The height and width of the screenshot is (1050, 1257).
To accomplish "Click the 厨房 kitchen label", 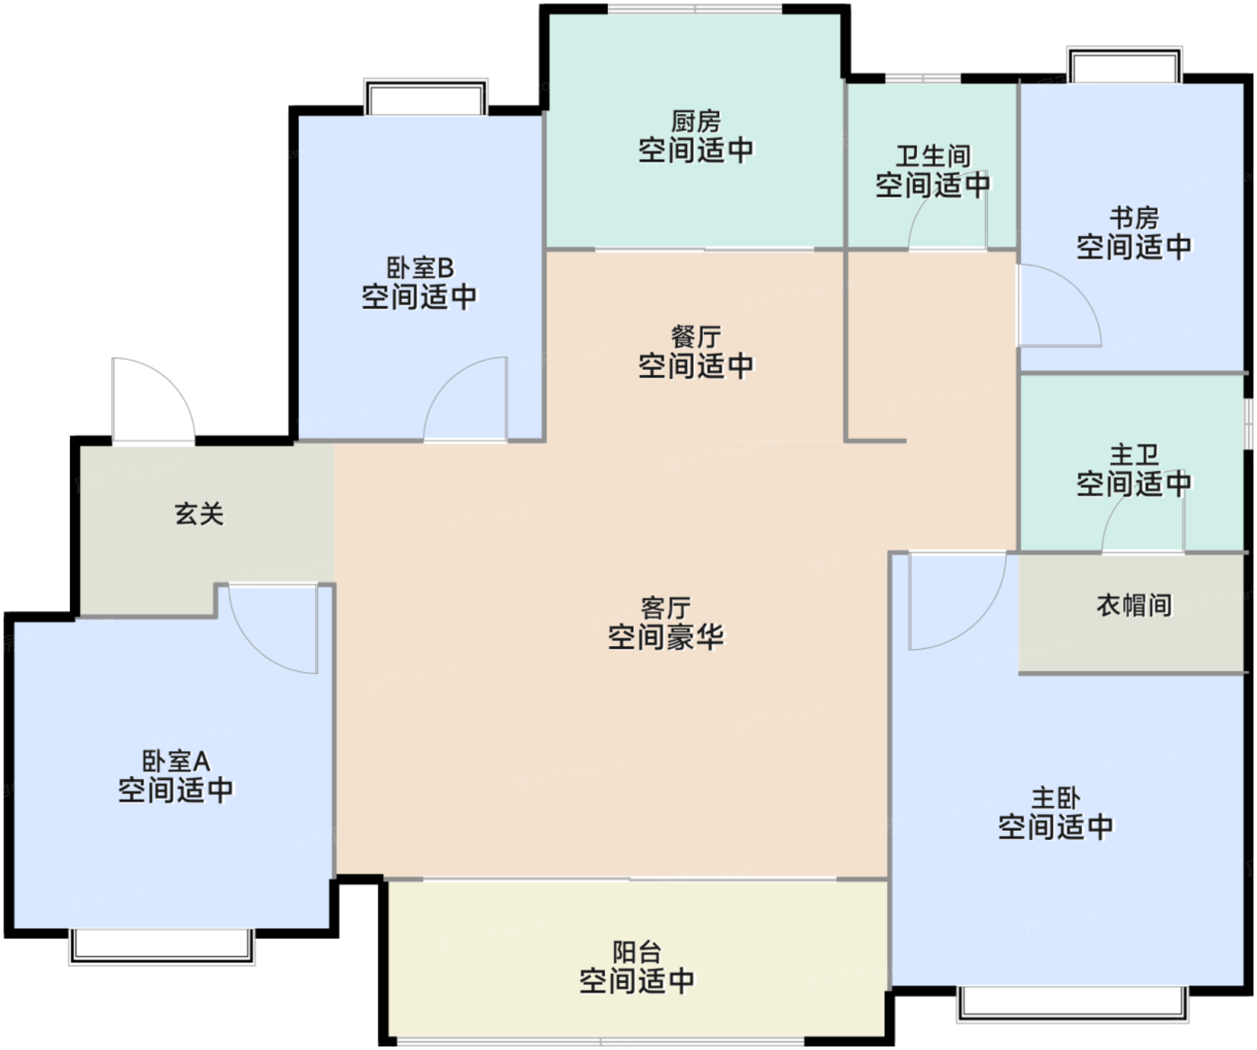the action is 696,121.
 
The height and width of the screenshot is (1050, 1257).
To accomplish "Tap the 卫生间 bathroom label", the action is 933,156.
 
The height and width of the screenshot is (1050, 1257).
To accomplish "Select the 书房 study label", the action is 1134,218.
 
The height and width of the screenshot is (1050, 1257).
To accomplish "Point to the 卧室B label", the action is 419,267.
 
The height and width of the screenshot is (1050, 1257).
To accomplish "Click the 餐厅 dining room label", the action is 696,337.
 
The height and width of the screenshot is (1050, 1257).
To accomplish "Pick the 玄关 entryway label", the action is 199,514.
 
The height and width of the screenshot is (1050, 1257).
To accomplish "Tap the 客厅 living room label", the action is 665,608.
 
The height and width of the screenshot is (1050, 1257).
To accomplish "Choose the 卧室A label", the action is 176,761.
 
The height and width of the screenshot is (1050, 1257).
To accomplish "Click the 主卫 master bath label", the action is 1134,455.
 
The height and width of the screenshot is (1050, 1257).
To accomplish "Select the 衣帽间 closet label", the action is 1134,606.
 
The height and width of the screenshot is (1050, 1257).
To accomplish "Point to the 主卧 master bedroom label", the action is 1055,799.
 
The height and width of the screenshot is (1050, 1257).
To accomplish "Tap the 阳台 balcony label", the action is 637,952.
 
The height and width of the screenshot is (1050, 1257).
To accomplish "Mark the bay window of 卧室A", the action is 162,947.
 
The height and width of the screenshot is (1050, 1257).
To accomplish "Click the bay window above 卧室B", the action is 426,96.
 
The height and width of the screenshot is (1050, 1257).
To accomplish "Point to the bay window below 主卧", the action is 1073,1004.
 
